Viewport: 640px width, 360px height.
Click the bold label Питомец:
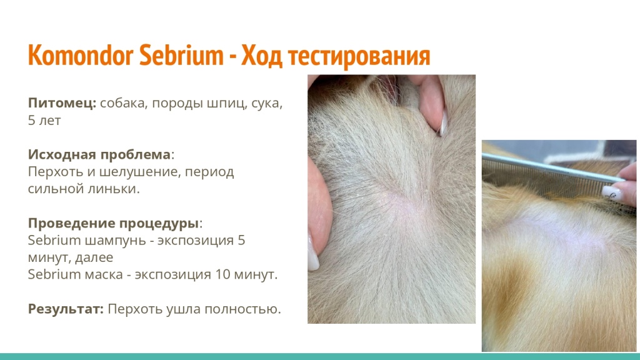[x=62, y=104]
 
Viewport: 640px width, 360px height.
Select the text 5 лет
[x=44, y=121]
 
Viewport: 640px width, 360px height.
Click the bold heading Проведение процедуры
[x=113, y=223]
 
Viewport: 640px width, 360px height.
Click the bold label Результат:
[x=66, y=309]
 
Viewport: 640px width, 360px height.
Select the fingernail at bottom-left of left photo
[x=313, y=258]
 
